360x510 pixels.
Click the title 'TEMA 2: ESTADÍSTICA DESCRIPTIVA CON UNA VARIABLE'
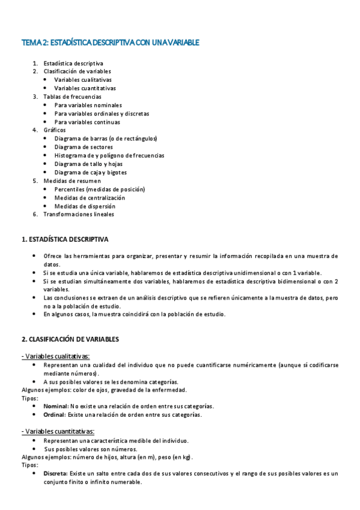coord(110,43)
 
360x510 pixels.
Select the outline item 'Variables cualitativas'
coord(82,79)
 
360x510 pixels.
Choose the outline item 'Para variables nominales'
coord(88,105)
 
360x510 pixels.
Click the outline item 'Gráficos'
coord(55,130)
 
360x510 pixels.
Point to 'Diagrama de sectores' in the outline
coord(83,147)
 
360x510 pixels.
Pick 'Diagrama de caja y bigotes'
coord(90,172)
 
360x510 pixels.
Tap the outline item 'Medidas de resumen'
coord(72,180)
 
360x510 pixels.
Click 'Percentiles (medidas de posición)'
coord(99,189)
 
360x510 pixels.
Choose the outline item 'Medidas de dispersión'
coord(85,206)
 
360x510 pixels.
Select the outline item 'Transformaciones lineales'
coord(79,214)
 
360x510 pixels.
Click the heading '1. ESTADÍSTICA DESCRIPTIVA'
coord(65,239)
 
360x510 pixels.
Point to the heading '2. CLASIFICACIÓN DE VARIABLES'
coord(70,339)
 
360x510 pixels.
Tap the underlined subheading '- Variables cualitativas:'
coord(55,356)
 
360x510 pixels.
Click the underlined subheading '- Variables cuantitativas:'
coord(58,431)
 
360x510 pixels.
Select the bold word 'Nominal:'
coord(56,406)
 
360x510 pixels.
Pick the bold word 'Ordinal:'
coord(55,414)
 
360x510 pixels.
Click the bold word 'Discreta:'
coord(56,473)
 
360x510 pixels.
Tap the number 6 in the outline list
coord(35,214)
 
